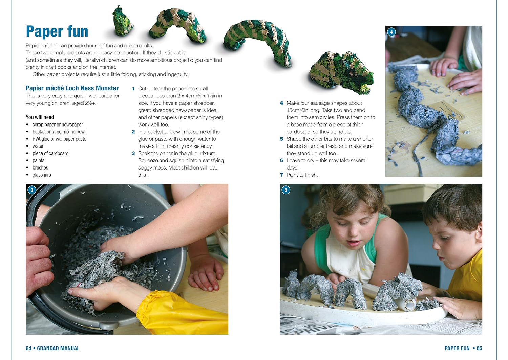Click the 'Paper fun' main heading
57,31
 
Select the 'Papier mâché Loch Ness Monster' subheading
72,88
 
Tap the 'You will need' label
40,117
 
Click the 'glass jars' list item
42,175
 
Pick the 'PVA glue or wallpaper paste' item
59,139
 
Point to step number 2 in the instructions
133,132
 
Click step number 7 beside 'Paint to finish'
281,175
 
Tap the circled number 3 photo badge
32,190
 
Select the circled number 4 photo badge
391,32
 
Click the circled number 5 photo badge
286,190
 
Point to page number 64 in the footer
28,348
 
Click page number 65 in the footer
479,348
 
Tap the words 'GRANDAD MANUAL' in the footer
58,348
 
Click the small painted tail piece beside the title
123,22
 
